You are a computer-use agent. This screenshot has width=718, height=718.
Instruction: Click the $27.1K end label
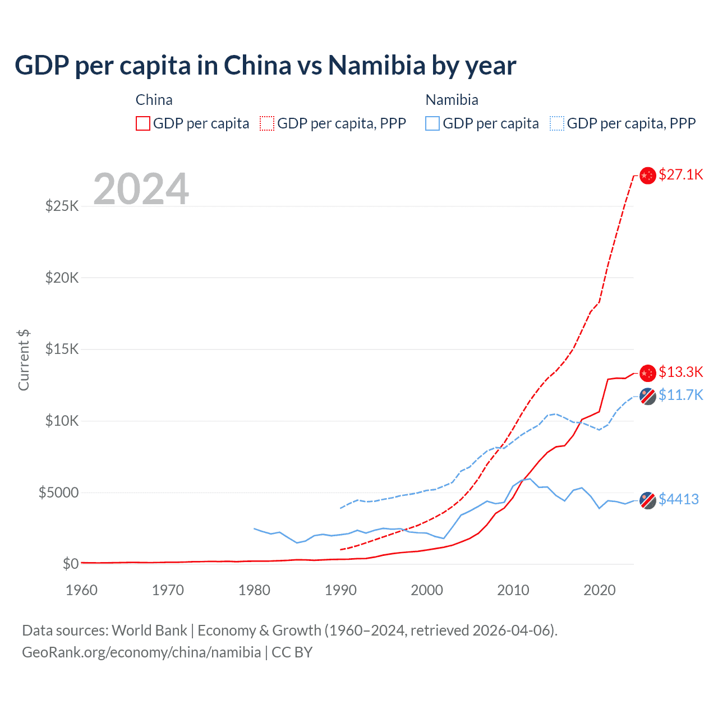tap(680, 174)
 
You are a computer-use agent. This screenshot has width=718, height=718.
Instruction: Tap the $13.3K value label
tap(680, 372)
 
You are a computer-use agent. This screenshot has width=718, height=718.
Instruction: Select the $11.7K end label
tap(680, 395)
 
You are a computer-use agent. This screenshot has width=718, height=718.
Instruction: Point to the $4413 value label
tap(678, 499)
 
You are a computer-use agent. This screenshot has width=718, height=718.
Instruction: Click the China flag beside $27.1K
tap(648, 176)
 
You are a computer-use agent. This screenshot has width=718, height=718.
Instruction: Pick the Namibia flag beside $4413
tap(648, 500)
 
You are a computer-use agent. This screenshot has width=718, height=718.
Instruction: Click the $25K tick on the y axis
tap(62, 206)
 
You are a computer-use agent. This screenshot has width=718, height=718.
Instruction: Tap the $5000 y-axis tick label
tap(58, 493)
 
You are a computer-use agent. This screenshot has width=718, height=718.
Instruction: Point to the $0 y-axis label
tap(70, 564)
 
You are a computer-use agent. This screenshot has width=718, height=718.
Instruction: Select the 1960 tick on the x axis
tap(82, 590)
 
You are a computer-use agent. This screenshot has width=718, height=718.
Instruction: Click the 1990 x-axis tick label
tap(340, 590)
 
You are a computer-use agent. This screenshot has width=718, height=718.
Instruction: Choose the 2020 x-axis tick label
tap(600, 590)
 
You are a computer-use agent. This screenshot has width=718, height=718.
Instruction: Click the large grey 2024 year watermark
tap(141, 189)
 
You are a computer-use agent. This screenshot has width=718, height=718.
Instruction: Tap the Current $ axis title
tap(24, 360)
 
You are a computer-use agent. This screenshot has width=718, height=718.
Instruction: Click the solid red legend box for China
tap(143, 123)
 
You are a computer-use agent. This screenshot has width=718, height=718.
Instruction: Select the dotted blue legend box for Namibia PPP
tap(557, 123)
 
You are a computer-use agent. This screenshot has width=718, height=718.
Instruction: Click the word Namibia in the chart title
tap(377, 66)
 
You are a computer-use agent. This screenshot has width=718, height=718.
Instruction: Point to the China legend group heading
tap(154, 100)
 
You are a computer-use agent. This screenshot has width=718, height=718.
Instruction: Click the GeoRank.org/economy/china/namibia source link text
tap(141, 652)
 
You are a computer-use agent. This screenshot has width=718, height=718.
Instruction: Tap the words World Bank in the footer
tap(149, 630)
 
